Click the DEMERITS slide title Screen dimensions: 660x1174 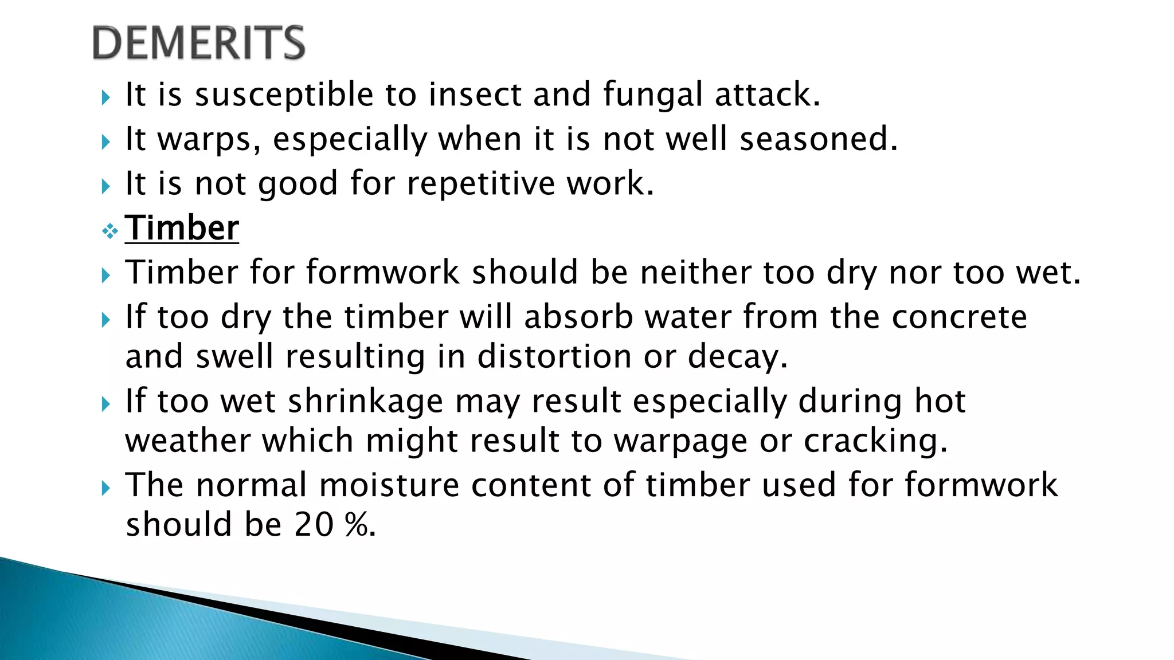(198, 43)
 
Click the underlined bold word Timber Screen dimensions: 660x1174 (182, 228)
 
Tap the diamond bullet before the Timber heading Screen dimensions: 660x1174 (109, 231)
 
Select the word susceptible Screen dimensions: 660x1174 (284, 95)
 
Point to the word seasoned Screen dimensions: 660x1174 (818, 139)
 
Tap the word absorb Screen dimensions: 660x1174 (578, 317)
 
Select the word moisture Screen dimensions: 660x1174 (389, 485)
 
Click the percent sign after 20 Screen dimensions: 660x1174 (357, 524)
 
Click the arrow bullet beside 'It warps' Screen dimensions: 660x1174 (105, 142)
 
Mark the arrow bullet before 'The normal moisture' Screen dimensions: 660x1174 (105, 488)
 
